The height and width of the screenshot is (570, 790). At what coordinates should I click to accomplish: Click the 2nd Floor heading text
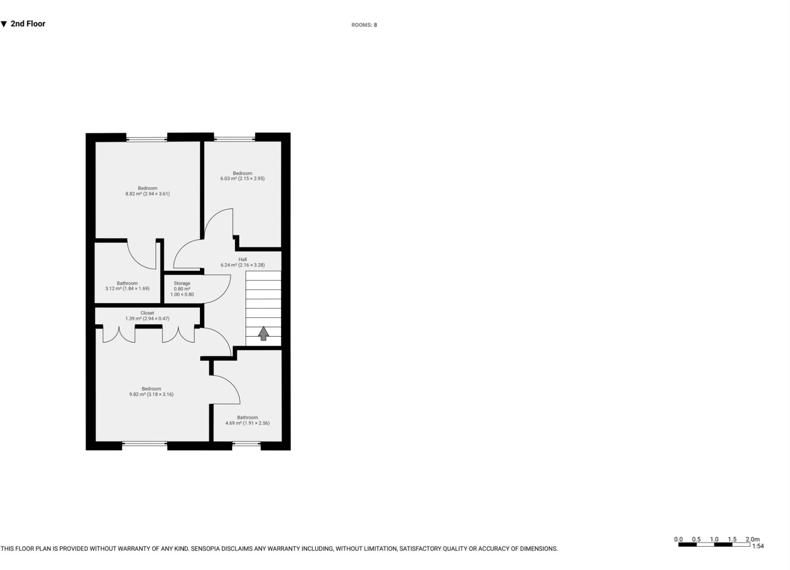coord(28,24)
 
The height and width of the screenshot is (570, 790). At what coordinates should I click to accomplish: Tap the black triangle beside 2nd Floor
coord(4,24)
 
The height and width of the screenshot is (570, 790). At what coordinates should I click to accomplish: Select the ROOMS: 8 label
coord(364,25)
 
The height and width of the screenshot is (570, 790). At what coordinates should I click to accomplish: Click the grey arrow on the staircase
coord(263,333)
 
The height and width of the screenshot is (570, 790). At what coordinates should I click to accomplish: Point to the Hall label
coord(242,259)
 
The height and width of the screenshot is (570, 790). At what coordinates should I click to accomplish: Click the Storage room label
coord(182,283)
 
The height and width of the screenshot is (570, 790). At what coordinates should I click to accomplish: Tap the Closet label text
coord(147,313)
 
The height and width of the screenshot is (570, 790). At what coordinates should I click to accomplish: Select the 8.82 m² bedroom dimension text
coord(147,194)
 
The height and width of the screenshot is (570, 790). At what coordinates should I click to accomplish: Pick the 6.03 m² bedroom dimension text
coord(242,179)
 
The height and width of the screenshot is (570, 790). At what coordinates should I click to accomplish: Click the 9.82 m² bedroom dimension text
coord(151,394)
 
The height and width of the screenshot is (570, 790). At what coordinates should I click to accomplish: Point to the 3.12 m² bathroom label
coord(127,289)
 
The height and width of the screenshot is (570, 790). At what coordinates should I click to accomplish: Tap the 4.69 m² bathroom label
coord(247,423)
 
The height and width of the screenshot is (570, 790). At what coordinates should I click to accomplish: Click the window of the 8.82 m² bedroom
coord(147,138)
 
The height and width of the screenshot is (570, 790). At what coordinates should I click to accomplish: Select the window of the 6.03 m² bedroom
coord(234,138)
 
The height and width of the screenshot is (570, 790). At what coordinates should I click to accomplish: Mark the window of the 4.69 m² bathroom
coord(247,444)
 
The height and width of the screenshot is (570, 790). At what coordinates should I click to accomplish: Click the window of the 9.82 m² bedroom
coord(145,444)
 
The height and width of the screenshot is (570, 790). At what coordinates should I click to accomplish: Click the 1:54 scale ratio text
coord(758,546)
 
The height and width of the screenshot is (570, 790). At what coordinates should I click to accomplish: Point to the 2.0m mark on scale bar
coord(752,539)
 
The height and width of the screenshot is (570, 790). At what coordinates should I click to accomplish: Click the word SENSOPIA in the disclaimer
coord(206,549)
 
